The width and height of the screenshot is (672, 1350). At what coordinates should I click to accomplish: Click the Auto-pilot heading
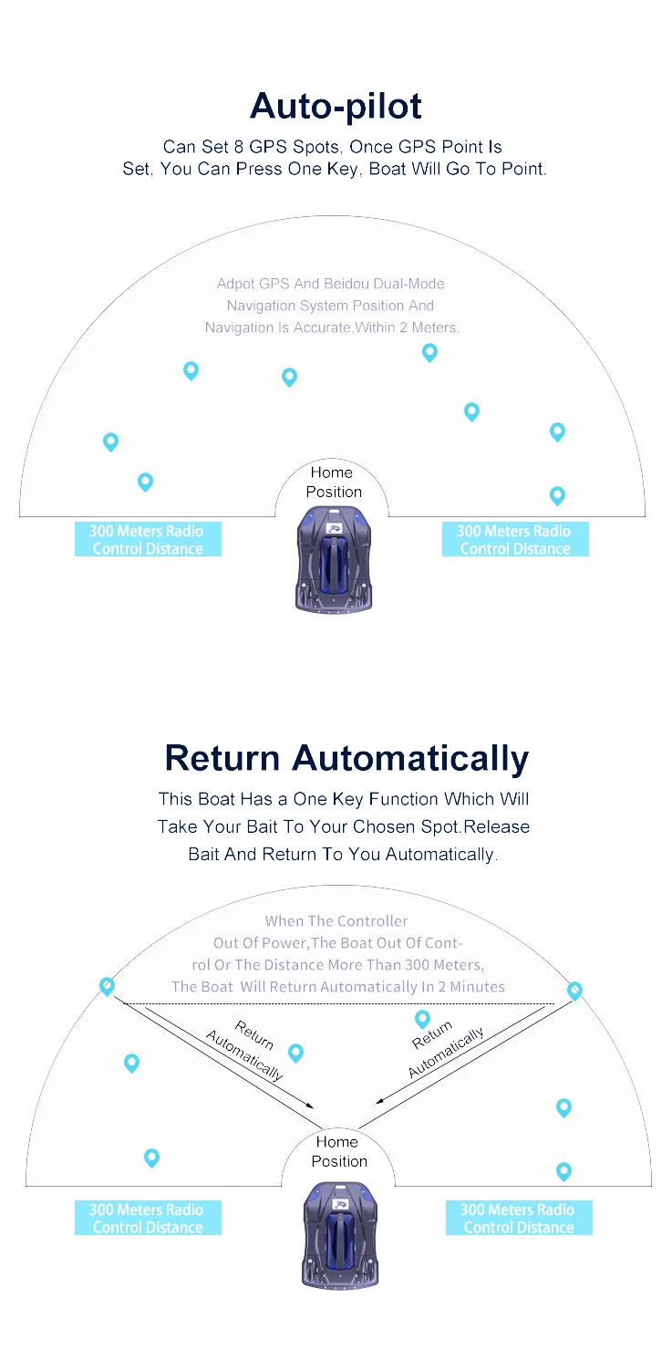(336, 107)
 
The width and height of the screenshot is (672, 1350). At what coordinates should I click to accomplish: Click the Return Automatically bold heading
(346, 759)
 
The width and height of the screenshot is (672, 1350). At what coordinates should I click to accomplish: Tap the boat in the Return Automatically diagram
(338, 1233)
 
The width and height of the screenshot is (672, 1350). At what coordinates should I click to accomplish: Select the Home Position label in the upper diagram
(334, 482)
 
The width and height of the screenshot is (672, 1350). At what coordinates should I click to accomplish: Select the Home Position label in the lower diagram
(338, 1151)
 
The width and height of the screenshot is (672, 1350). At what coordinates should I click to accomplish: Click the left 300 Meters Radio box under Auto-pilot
(147, 539)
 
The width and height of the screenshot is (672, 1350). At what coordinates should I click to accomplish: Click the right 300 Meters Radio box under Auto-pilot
(514, 539)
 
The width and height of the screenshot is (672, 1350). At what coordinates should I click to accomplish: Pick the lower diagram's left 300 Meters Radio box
(147, 1218)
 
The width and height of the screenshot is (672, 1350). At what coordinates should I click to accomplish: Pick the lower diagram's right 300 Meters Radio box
(518, 1218)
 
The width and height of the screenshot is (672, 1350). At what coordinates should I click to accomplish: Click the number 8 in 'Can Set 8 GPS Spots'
(241, 147)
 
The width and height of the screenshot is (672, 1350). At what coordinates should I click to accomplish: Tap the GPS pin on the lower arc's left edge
(108, 986)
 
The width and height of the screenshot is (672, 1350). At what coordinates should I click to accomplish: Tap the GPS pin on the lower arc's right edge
(574, 991)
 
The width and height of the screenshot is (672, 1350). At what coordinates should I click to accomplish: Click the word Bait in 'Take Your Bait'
(270, 826)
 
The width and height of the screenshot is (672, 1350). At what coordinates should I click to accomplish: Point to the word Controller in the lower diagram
(373, 921)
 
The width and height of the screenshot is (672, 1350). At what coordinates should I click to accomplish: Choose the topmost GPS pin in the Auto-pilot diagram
(429, 352)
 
